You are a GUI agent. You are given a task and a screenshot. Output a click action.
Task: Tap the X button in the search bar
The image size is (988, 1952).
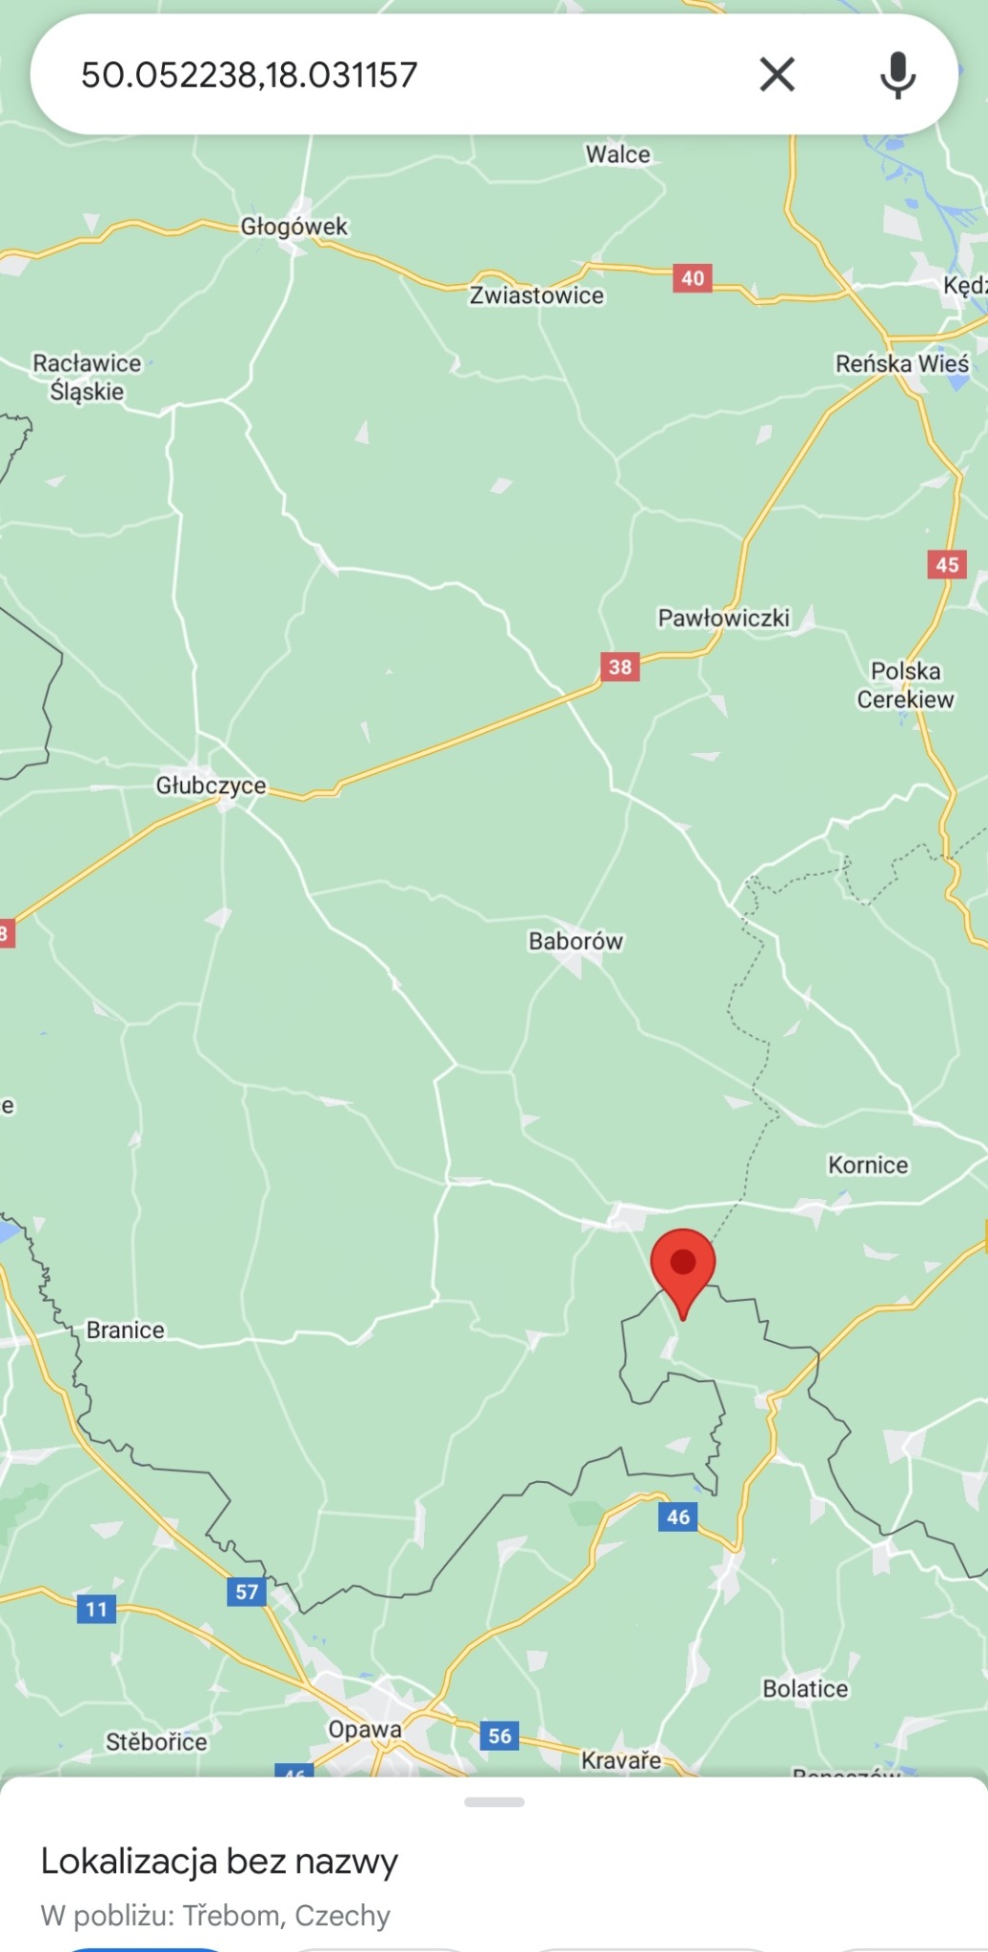coord(776,74)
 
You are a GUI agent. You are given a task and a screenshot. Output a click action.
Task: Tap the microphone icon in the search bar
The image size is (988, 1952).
coord(897,74)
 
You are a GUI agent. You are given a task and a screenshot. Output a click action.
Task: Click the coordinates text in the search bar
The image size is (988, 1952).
coord(250,75)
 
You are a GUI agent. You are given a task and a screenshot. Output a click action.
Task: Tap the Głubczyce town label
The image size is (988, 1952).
coord(211,785)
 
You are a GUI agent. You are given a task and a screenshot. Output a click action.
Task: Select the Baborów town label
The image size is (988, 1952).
coord(575,941)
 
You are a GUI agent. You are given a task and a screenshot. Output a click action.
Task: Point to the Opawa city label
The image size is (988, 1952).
coord(365,1729)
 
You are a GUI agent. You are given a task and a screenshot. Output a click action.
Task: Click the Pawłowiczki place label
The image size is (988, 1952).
coord(723,618)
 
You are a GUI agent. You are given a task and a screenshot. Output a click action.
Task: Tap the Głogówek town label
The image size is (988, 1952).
coord(293,226)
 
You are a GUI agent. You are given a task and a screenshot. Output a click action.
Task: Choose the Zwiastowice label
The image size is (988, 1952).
coord(536,295)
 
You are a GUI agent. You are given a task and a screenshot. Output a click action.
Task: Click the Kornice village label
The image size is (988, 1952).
coord(868,1165)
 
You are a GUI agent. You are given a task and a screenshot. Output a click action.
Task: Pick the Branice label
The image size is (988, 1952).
coord(125,1330)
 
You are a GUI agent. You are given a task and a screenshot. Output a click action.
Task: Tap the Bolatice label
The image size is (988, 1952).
coord(805,1689)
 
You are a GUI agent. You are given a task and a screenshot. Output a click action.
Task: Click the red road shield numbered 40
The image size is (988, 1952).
coord(693,278)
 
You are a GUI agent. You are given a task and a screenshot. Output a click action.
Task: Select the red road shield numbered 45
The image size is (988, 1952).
coord(947,564)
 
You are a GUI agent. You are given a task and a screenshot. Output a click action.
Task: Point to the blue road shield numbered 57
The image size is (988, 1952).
coord(247,1592)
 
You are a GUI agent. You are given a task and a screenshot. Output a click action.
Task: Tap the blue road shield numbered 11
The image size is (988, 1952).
coord(96,1610)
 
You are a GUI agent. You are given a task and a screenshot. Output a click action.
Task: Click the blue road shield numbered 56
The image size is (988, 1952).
coord(500,1736)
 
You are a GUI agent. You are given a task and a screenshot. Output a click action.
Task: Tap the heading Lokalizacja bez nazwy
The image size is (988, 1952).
coord(219,1860)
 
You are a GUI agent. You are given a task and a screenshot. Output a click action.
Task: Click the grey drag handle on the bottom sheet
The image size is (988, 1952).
coord(494,1802)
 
